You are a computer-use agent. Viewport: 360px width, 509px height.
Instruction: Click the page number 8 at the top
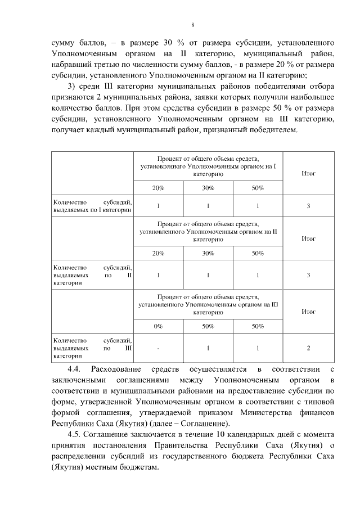coord(192,25)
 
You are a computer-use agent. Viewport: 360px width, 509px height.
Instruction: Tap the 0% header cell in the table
coord(158,326)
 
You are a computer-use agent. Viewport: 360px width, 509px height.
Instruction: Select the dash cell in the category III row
coord(158,348)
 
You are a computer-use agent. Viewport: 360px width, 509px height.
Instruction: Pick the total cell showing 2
coord(308,348)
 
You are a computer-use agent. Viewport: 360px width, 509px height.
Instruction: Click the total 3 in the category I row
coord(308,206)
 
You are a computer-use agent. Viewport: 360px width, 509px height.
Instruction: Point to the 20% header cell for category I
coord(158,188)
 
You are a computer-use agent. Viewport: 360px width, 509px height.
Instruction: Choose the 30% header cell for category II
coord(208,253)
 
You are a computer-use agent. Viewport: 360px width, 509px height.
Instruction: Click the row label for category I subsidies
coord(92,206)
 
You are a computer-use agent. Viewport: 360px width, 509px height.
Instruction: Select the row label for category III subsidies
coord(92,348)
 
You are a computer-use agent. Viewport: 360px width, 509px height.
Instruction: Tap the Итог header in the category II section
coord(308,238)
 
